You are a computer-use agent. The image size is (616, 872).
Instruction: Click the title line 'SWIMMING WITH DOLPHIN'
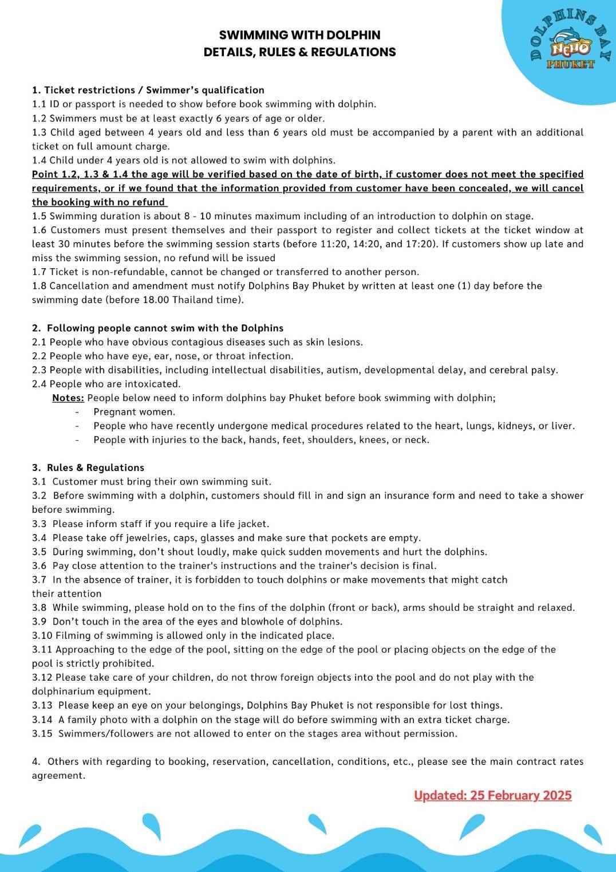coord(299,35)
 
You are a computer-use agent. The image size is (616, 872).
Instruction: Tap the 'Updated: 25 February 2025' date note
coord(492,795)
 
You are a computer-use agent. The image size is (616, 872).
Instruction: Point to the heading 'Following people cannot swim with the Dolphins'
coord(165,328)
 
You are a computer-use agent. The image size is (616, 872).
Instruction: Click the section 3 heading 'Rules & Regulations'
coord(95,468)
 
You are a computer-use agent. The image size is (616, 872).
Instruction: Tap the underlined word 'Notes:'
coord(68,398)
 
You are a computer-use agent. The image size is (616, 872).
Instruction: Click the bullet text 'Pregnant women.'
coord(135,412)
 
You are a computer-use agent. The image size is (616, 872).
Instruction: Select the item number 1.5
coord(40,216)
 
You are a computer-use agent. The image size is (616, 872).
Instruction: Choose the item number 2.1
coord(40,342)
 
